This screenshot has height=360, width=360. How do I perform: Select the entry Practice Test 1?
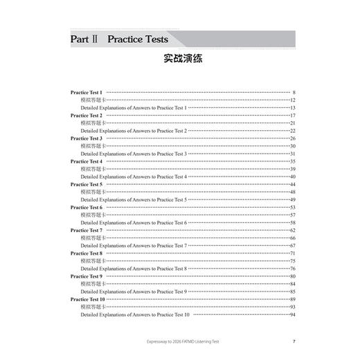(87, 92)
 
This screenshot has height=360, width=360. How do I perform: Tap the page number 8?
(294, 92)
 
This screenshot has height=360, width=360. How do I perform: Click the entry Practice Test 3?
(87, 138)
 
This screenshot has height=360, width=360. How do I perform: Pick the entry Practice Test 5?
(87, 184)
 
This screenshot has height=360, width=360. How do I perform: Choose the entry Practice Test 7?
(87, 230)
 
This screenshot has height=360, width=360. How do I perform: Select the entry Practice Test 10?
(88, 299)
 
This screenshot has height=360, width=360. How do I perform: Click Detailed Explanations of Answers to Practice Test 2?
(134, 131)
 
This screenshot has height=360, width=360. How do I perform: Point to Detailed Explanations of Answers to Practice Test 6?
(134, 223)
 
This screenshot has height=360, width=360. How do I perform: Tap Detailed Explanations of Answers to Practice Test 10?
(135, 314)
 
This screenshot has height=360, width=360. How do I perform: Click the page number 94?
(293, 314)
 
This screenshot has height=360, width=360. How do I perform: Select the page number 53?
(293, 207)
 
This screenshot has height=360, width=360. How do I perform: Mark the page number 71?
(293, 253)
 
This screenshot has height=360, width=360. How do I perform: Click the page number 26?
(293, 138)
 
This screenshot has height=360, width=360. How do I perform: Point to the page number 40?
(293, 177)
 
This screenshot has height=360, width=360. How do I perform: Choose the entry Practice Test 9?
(87, 276)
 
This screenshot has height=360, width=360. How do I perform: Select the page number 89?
(293, 299)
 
